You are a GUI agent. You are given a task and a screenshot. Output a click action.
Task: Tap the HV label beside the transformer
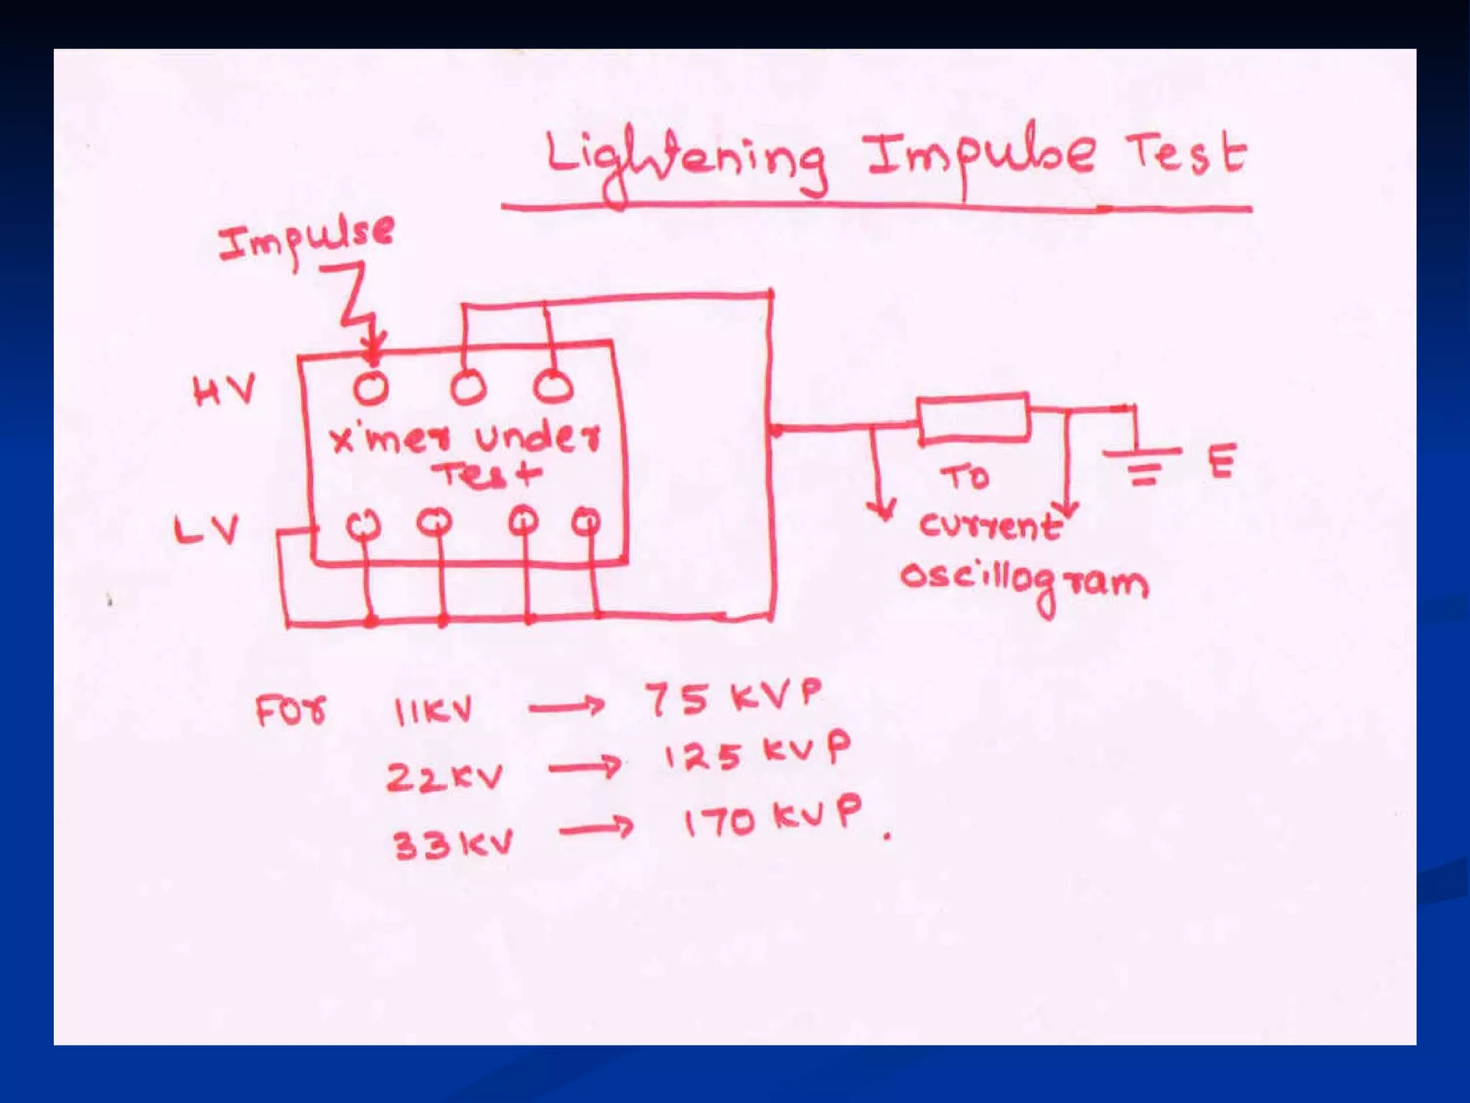click(223, 392)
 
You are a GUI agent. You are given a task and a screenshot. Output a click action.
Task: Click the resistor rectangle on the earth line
click(974, 416)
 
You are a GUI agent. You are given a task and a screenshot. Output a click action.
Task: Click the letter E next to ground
click(1222, 461)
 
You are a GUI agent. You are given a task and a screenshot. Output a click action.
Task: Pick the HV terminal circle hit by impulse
click(371, 388)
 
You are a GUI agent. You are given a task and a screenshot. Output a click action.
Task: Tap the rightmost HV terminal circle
click(553, 386)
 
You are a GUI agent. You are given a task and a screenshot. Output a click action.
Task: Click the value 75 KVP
click(733, 697)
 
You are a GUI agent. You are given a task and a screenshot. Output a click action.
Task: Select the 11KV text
click(433, 711)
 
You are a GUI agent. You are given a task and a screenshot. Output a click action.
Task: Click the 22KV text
click(445, 776)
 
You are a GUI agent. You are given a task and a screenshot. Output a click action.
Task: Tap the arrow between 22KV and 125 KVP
click(584, 768)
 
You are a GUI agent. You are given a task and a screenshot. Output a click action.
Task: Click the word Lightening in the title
click(685, 165)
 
